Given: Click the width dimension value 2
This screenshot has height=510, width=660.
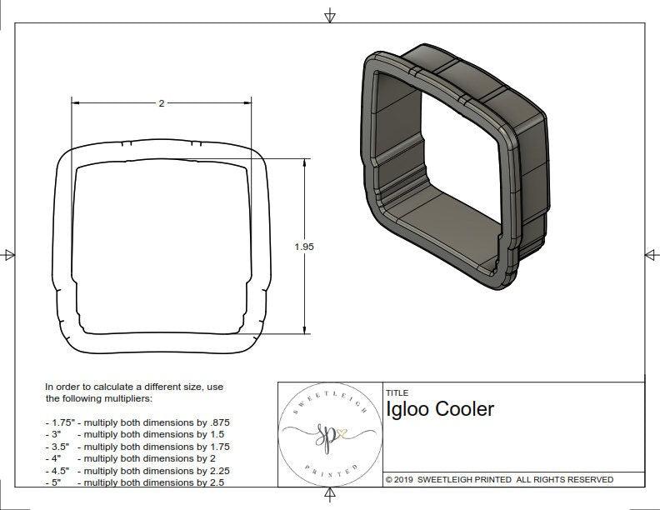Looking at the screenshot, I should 162,103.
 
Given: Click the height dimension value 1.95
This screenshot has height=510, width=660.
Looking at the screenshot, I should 304,247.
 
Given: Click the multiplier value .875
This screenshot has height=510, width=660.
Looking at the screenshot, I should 218,422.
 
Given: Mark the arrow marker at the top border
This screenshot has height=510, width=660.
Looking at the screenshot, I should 331,15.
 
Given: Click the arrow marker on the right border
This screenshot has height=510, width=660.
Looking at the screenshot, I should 651,254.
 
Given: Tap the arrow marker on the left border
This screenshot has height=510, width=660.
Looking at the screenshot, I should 9,254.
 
